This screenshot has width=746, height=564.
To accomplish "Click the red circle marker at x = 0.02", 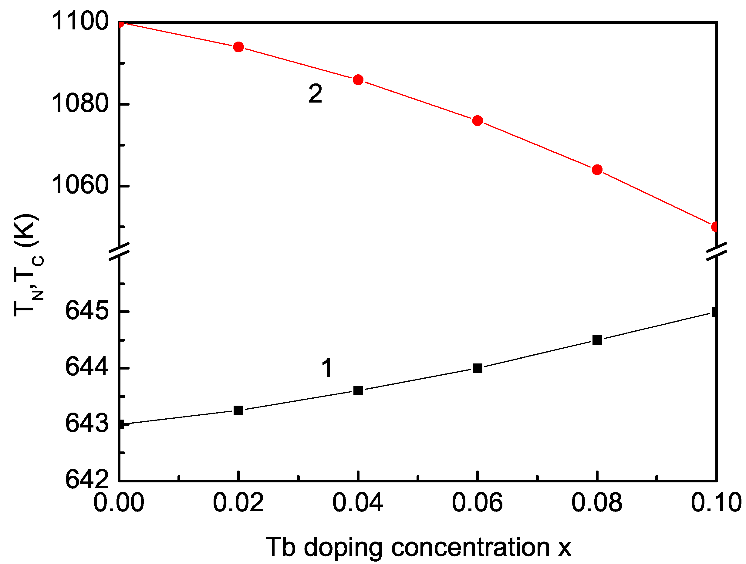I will point(238,47).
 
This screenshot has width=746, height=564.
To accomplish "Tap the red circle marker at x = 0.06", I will point(477,120).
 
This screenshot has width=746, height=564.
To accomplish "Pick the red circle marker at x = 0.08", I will point(597,170).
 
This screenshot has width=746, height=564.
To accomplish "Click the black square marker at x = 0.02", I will point(238,410).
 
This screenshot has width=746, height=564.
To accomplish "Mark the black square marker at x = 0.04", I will point(358,391).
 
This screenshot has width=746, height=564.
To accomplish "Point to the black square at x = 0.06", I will point(477,368).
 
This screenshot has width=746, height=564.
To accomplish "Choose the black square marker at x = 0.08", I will point(597,340).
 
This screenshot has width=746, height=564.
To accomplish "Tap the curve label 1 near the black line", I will point(326,368).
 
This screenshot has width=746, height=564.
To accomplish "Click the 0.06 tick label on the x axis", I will point(477,503).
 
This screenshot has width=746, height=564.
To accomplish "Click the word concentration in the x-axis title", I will point(470,547).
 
